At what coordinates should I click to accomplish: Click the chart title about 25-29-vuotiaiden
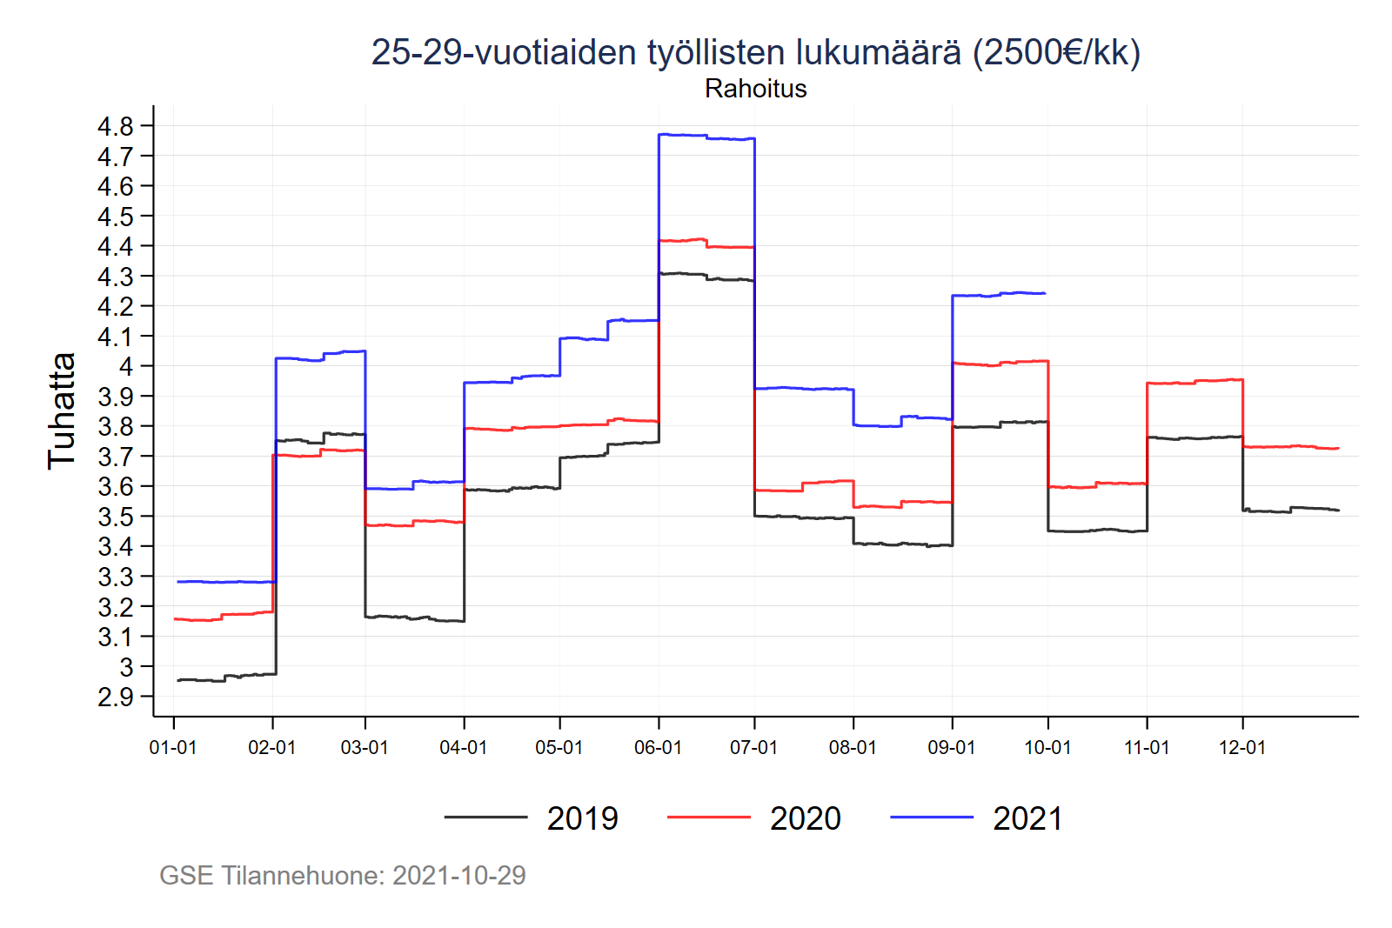click(x=755, y=53)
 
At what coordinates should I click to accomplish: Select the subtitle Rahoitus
click(x=755, y=89)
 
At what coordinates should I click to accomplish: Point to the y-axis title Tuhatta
click(x=61, y=411)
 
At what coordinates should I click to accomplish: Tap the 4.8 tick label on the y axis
click(x=116, y=126)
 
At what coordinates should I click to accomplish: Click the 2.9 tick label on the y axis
click(x=116, y=697)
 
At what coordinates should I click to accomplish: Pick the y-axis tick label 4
click(x=127, y=366)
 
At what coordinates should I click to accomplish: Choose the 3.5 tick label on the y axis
click(x=116, y=517)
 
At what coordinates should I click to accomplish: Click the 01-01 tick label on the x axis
click(x=173, y=748)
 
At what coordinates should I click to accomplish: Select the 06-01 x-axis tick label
click(x=658, y=748)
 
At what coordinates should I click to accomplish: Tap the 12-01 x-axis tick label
click(x=1241, y=748)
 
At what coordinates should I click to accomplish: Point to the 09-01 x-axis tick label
click(x=952, y=748)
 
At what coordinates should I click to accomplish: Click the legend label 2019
click(x=582, y=818)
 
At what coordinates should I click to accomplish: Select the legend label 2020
click(x=805, y=818)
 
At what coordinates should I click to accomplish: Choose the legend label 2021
click(x=1027, y=818)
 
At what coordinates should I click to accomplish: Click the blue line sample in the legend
click(x=931, y=818)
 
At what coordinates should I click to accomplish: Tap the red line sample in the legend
click(x=708, y=818)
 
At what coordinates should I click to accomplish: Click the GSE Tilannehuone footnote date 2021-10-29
click(x=458, y=875)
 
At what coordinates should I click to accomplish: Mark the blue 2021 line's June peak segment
click(x=706, y=137)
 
